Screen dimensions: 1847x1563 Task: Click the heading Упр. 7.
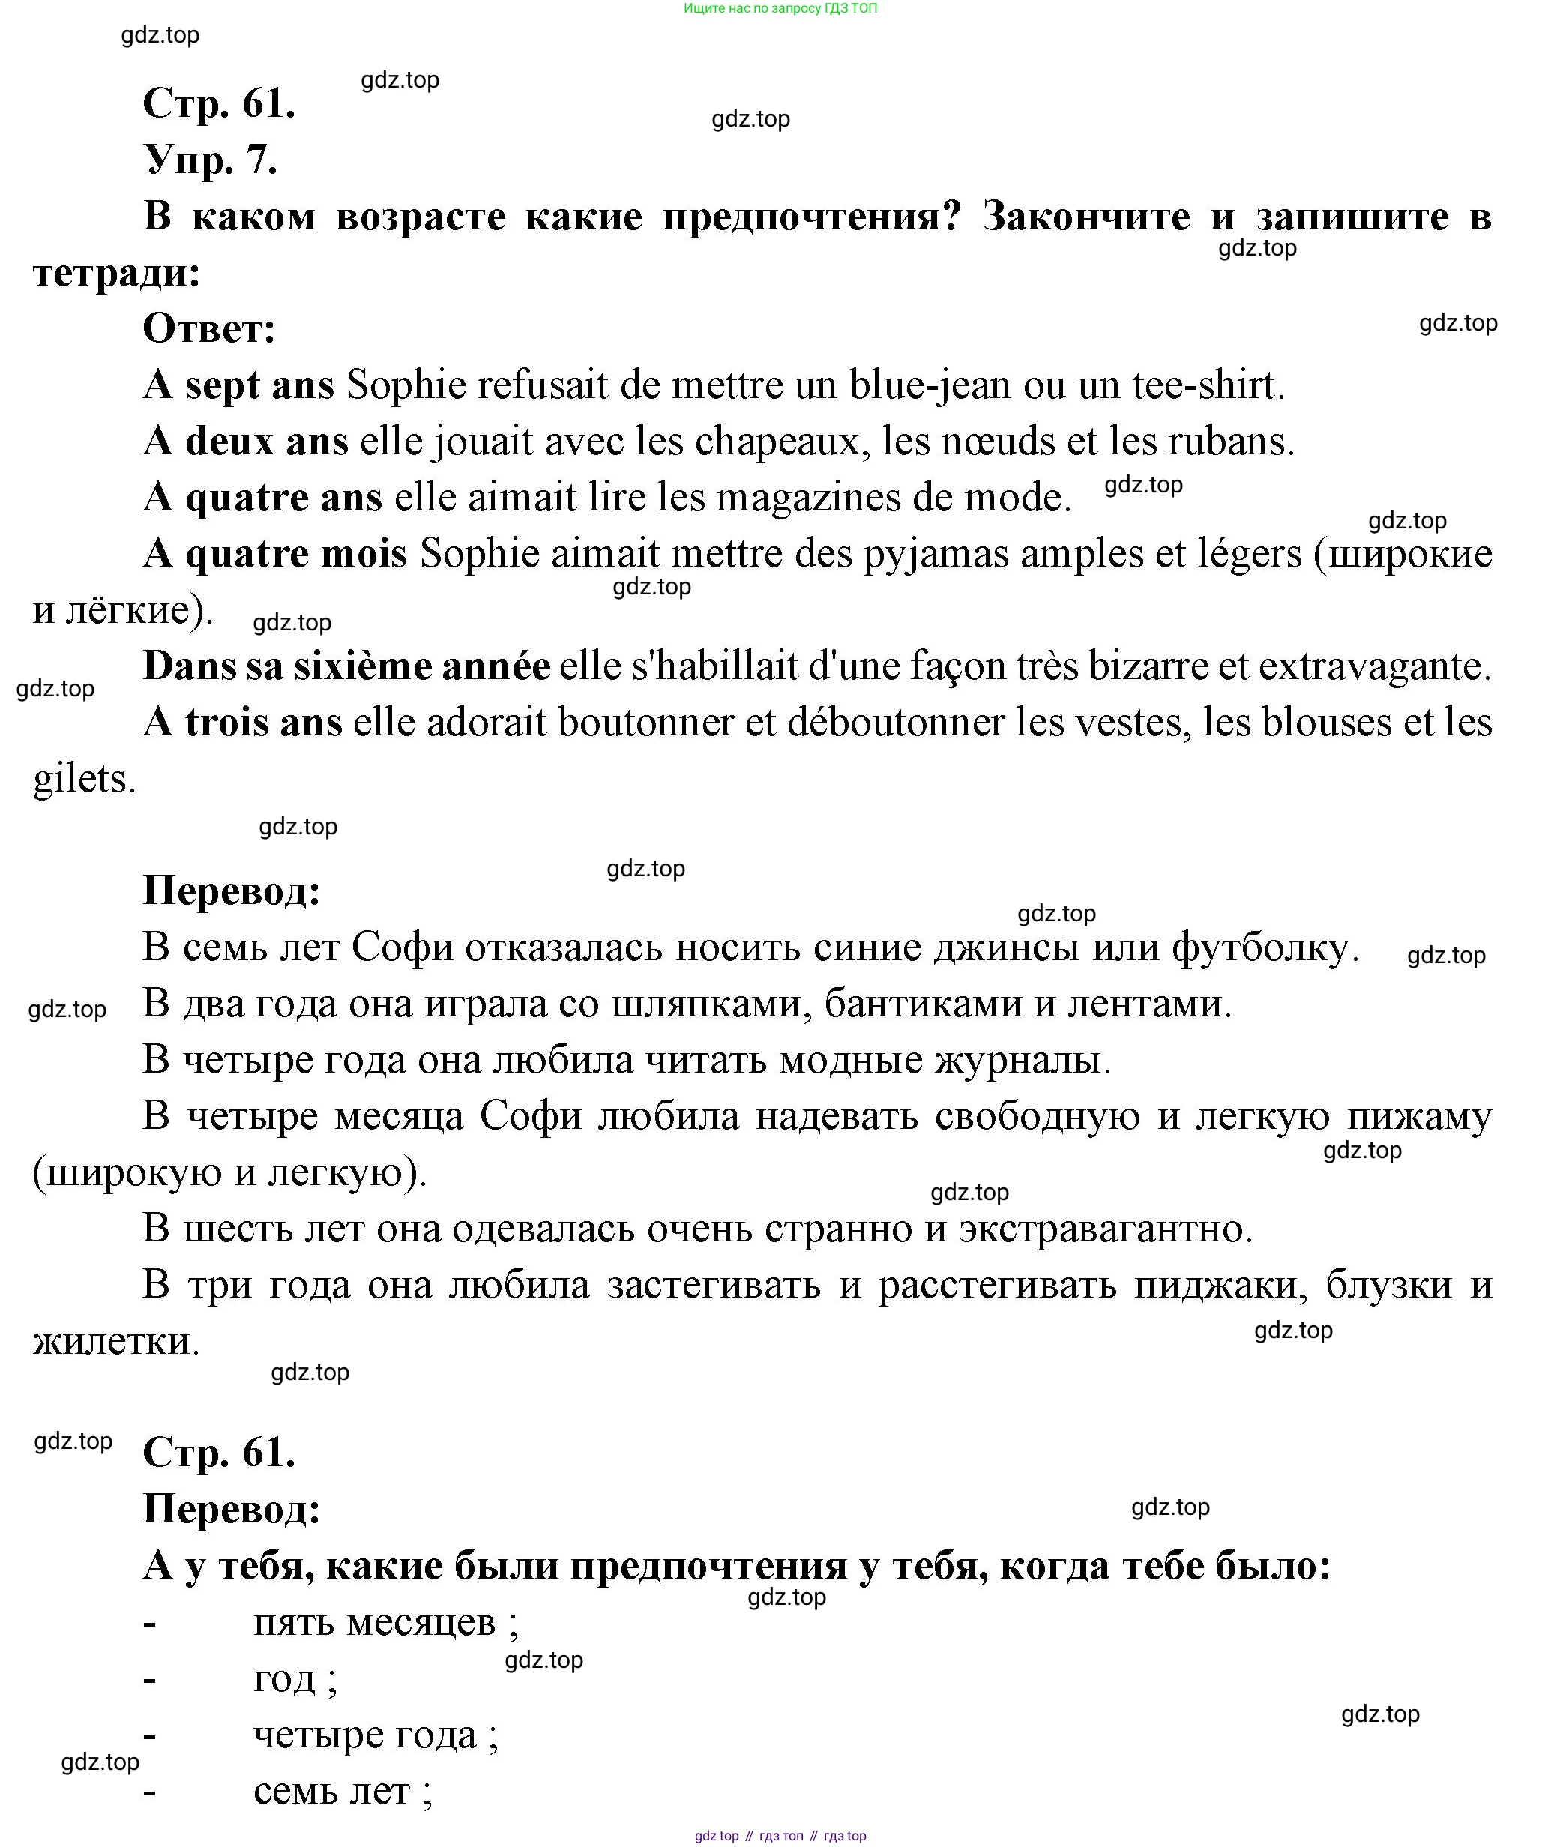tap(211, 160)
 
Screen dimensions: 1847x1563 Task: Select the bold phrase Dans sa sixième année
tap(346, 667)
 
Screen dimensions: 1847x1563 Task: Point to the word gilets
tap(82, 780)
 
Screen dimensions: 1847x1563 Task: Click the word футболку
tap(1263, 947)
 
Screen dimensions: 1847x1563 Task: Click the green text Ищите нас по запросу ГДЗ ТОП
tap(780, 9)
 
